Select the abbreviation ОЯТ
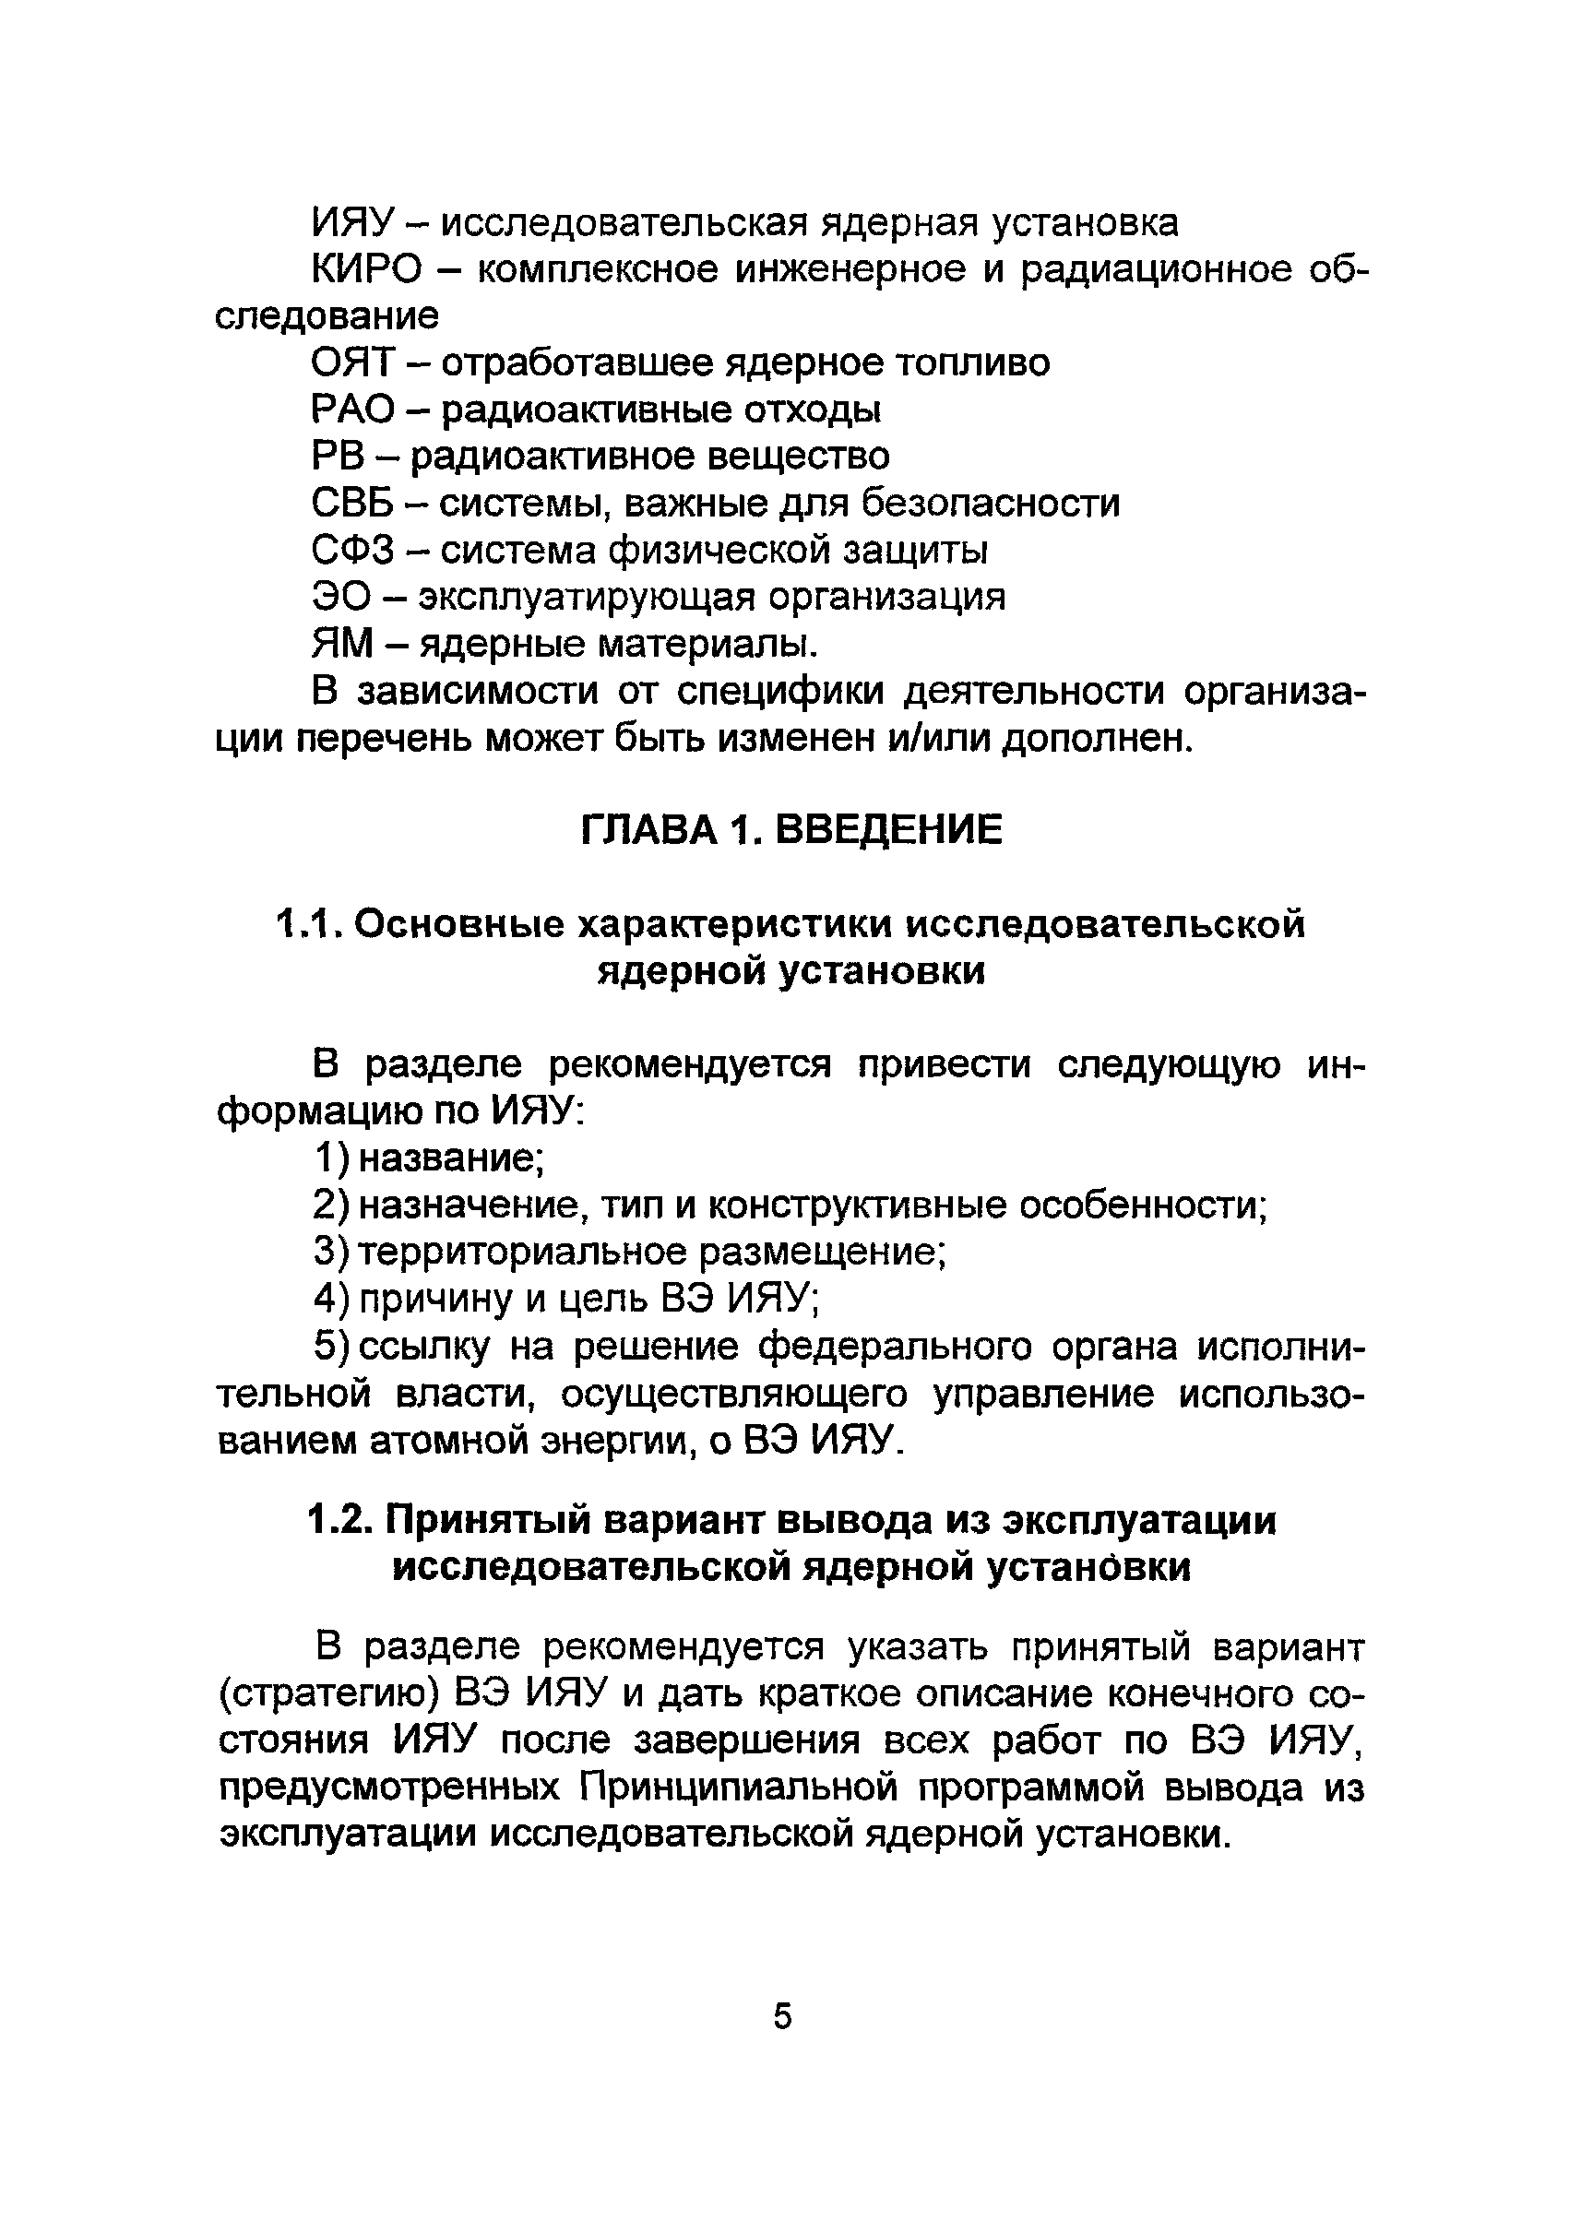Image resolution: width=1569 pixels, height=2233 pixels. [x=353, y=363]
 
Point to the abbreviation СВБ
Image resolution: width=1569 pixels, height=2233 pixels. [x=353, y=504]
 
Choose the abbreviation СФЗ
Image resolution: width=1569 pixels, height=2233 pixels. [x=353, y=551]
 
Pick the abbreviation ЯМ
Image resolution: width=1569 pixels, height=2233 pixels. [x=341, y=644]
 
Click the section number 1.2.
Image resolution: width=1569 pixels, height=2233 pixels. [x=339, y=1521]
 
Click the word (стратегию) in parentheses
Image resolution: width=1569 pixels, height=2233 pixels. [x=323, y=1695]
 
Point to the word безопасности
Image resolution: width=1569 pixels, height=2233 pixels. [x=991, y=504]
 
